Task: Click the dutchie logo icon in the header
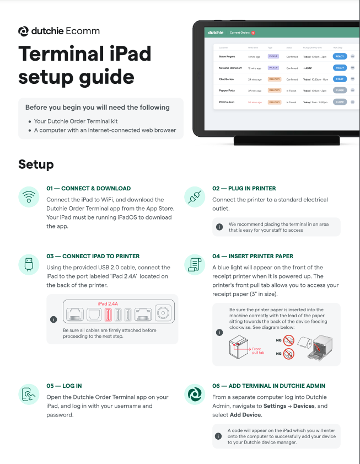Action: click(24, 31)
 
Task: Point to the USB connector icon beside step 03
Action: click(28, 265)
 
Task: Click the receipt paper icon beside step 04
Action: click(194, 265)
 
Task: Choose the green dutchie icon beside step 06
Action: click(194, 394)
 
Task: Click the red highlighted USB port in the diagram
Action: click(108, 314)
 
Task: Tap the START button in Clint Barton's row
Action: click(340, 79)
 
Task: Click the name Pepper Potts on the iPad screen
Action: click(227, 90)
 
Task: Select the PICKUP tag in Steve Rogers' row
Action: click(273, 56)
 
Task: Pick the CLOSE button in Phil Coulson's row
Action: click(340, 102)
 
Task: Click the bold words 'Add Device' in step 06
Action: click(245, 415)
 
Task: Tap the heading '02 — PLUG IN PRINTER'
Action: click(244, 189)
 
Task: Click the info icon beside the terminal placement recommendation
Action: click(219, 227)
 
